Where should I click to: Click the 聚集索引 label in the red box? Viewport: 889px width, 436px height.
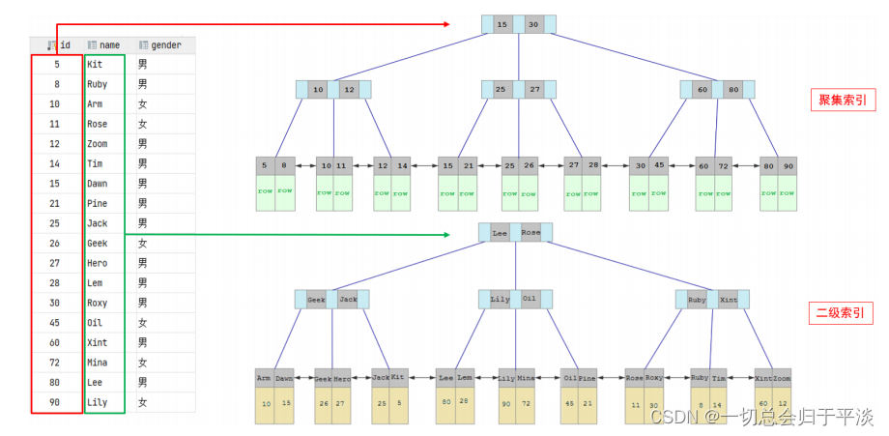pyautogui.click(x=840, y=100)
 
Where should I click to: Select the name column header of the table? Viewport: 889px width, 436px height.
pyautogui.click(x=107, y=44)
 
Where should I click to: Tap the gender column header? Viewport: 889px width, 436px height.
pyautogui.click(x=160, y=44)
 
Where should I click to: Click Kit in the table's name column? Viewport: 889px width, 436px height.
pyautogui.click(x=94, y=64)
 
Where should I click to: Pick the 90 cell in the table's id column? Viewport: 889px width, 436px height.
pyautogui.click(x=55, y=401)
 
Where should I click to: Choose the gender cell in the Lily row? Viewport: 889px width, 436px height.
pyautogui.click(x=142, y=401)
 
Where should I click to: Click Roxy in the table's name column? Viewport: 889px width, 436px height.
pyautogui.click(x=97, y=302)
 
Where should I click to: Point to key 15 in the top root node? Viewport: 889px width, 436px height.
pyautogui.click(x=501, y=24)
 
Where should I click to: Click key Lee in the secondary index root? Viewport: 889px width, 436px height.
pyautogui.click(x=499, y=233)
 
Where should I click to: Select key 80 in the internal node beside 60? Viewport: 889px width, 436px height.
pyautogui.click(x=733, y=90)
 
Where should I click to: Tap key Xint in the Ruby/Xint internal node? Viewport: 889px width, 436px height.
pyautogui.click(x=729, y=300)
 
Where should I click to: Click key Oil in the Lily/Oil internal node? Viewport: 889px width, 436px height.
pyautogui.click(x=530, y=299)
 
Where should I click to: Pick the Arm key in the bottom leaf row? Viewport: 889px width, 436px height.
pyautogui.click(x=264, y=378)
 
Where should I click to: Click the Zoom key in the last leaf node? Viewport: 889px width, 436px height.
pyautogui.click(x=782, y=378)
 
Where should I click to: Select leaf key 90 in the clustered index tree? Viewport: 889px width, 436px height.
pyautogui.click(x=789, y=166)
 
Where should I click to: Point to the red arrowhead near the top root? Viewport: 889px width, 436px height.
pyautogui.click(x=446, y=24)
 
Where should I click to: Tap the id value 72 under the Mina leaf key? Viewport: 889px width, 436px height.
pyautogui.click(x=527, y=403)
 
